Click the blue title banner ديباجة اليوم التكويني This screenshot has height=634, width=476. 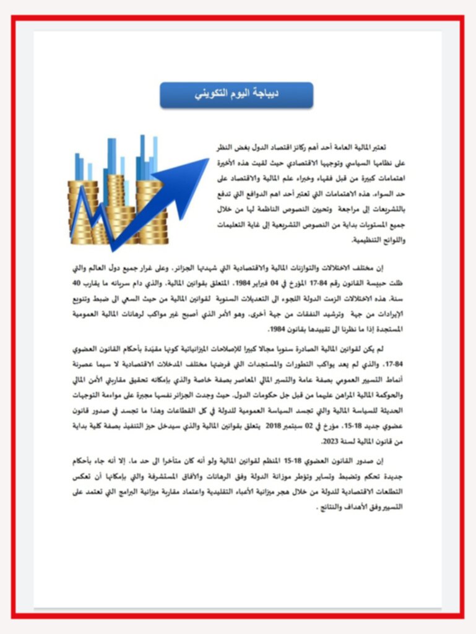tap(236, 95)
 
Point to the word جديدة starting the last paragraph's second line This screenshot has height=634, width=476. tap(389, 477)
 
